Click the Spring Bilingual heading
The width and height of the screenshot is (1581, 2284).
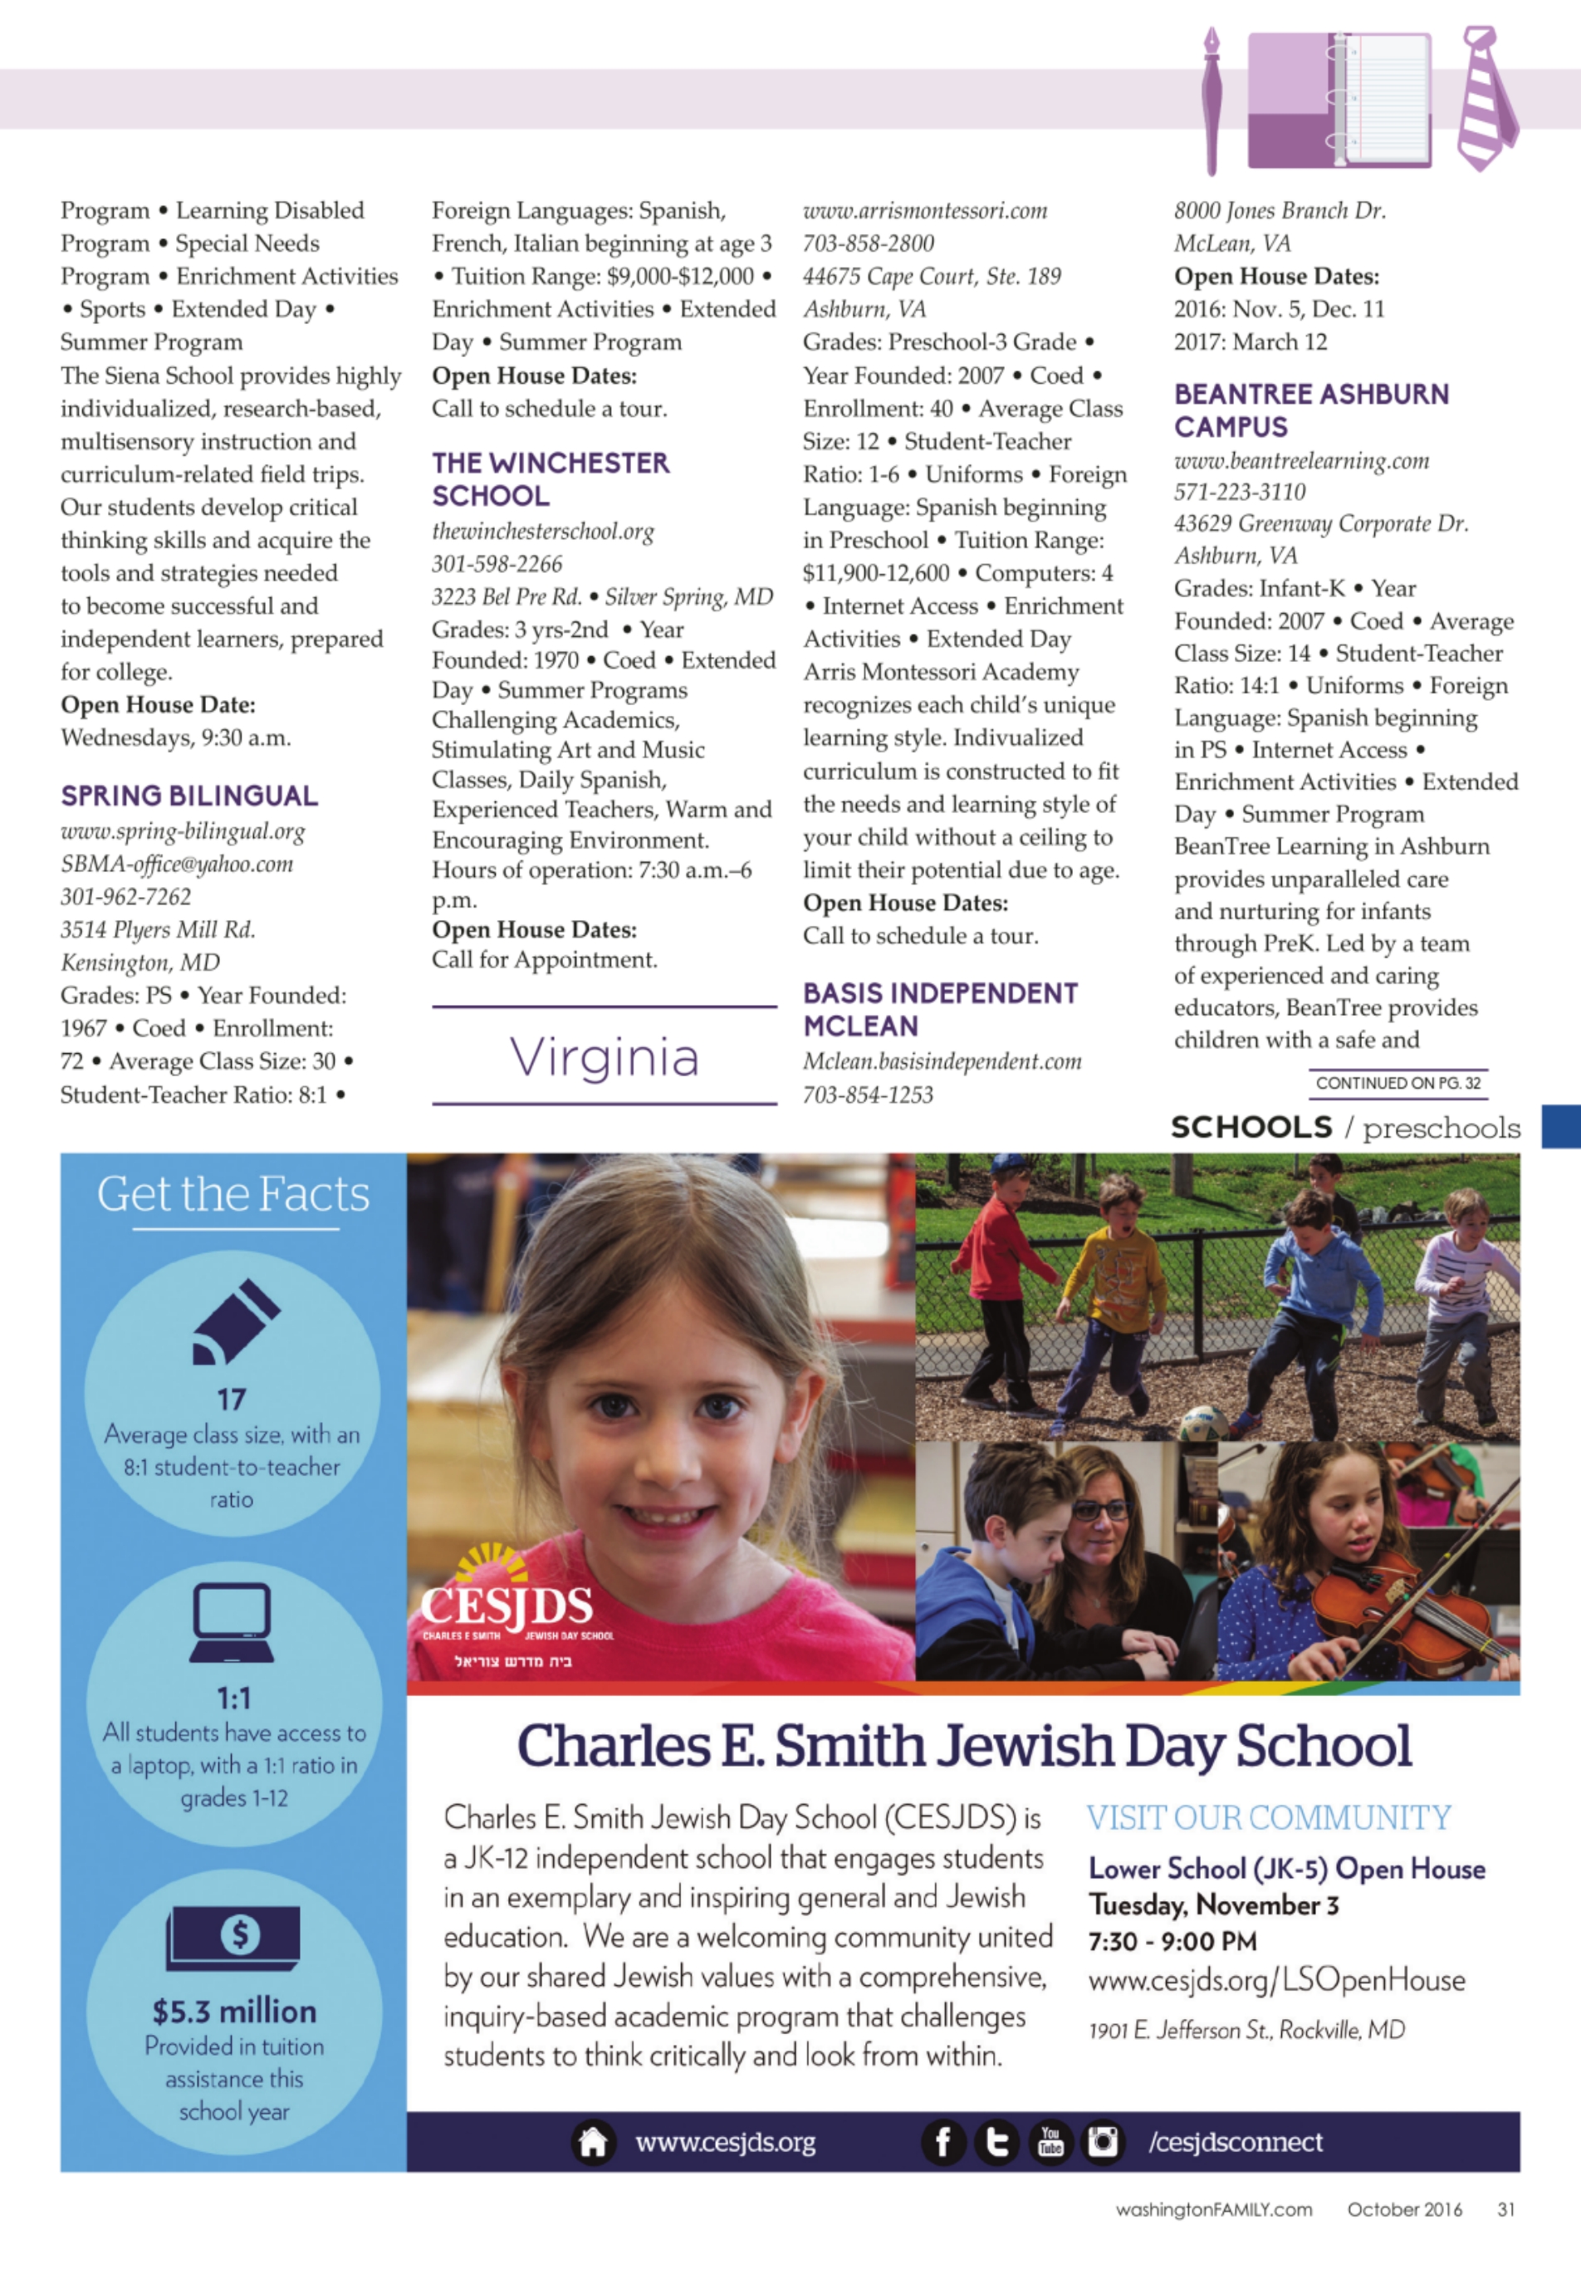189,796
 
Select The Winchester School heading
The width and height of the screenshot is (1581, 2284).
550,478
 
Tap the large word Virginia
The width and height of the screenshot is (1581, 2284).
604,1057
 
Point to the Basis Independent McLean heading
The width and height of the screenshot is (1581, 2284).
939,1009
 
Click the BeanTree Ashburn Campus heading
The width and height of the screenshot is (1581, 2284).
1310,410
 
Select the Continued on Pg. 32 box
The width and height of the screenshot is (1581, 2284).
1397,1083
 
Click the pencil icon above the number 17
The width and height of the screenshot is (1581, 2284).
235,1322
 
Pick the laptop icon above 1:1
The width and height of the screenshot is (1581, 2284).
232,1623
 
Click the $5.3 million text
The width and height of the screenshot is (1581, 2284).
234,2011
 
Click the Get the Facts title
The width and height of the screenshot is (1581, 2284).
234,1194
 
